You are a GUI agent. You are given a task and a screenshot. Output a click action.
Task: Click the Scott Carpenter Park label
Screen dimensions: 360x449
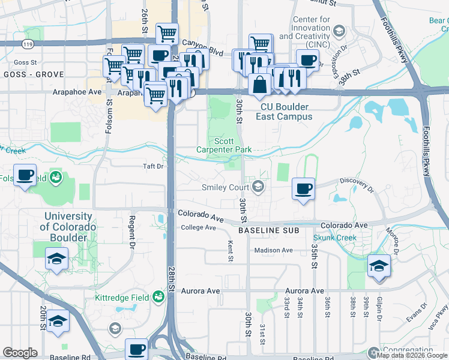[x=224, y=145]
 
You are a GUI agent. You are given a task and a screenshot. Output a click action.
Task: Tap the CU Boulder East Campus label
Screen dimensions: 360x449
[x=284, y=112]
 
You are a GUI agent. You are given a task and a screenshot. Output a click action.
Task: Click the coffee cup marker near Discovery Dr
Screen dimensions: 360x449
[x=303, y=189]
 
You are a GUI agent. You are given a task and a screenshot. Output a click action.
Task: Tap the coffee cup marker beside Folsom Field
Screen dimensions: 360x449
[x=25, y=175]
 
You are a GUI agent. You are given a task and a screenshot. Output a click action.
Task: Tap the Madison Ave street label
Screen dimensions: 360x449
[x=273, y=250]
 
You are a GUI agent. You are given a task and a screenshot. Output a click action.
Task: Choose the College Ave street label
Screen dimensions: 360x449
[x=198, y=228]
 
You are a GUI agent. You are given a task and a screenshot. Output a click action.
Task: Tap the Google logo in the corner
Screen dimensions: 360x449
[x=20, y=353]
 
